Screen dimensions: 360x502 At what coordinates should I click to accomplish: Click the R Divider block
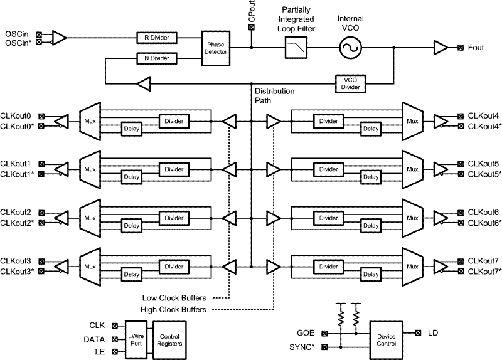(x=157, y=38)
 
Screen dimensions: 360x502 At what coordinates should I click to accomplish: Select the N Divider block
(x=157, y=58)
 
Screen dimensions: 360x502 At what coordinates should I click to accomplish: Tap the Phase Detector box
(x=215, y=48)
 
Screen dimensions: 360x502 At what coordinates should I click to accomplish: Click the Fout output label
(x=478, y=48)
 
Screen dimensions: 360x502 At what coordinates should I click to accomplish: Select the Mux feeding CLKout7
(x=412, y=265)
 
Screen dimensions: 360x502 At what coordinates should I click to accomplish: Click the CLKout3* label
(x=18, y=270)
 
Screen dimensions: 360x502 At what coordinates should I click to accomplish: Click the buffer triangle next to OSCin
(x=58, y=38)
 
